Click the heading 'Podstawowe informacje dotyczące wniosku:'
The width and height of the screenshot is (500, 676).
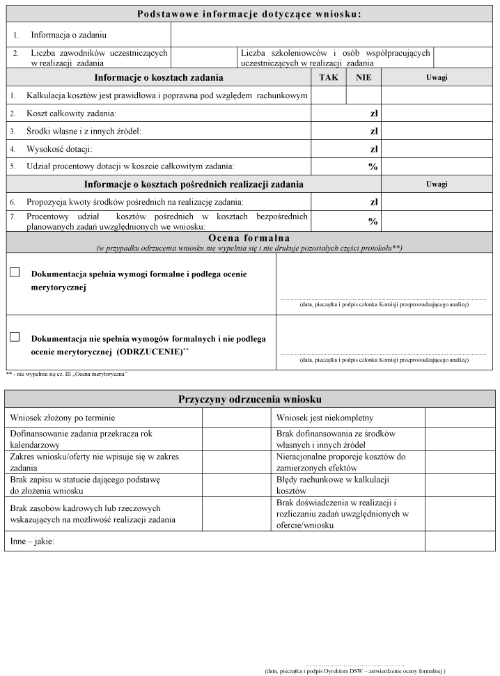click(249, 14)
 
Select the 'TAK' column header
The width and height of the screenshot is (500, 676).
click(328, 77)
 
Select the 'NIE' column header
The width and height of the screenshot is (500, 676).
click(364, 77)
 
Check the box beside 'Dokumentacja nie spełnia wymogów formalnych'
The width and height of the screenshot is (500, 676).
click(15, 337)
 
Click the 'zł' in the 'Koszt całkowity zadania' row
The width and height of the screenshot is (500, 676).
click(373, 113)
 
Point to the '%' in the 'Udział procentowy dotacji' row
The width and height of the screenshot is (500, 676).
click(373, 166)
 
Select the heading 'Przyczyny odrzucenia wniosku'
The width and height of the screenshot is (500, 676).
click(249, 399)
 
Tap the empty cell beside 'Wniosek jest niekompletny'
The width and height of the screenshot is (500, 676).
click(460, 418)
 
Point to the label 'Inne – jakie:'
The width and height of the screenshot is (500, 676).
click(32, 541)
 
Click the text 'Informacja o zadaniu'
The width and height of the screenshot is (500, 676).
click(69, 34)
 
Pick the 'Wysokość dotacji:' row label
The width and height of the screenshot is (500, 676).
click(59, 149)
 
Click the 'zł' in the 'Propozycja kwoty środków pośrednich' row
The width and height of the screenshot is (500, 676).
click(373, 202)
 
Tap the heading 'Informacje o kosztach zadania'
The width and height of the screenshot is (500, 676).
click(159, 77)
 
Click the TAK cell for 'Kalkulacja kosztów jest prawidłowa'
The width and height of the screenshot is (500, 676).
click(328, 95)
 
